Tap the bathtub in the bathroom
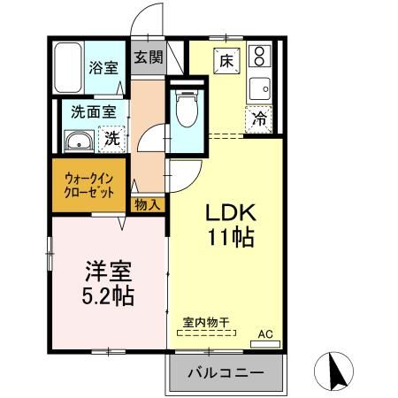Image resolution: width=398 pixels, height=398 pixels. tap(68, 66)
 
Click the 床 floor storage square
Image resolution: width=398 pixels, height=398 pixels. tap(226, 61)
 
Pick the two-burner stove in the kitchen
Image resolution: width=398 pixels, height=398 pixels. tap(260, 57)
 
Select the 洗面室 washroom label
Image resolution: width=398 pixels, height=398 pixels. tap(94, 112)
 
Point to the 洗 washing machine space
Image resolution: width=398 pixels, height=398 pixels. tap(112, 138)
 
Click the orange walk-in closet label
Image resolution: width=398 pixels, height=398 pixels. tap(88, 184)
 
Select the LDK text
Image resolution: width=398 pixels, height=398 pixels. tap(232, 213)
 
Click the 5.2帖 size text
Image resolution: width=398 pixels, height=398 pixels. tap(109, 295)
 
